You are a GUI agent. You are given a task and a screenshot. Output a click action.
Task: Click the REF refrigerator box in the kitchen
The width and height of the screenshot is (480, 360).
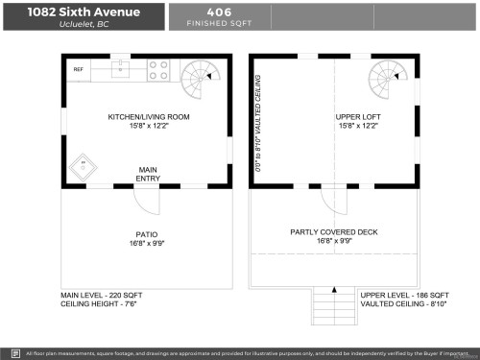tap(78, 70)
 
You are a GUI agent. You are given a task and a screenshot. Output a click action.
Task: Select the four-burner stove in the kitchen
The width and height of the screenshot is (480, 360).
tap(159, 70)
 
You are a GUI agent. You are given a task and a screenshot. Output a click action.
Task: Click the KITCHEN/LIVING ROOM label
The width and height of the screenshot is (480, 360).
tap(149, 118)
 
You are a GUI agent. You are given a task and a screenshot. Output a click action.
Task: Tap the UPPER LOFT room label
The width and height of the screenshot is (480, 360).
tap(356, 118)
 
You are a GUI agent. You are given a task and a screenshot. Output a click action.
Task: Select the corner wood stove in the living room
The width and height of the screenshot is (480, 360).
tap(84, 165)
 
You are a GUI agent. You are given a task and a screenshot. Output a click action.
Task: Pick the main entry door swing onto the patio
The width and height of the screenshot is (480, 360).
tap(146, 200)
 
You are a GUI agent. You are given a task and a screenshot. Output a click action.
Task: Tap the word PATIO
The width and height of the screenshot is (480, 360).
tap(146, 233)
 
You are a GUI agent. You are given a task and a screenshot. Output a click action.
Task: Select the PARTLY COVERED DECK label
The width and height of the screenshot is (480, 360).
tap(334, 233)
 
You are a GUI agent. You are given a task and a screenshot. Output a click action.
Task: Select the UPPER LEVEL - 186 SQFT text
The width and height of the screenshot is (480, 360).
tap(404, 296)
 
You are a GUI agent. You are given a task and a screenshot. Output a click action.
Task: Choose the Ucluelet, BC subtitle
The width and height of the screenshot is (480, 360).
tap(83, 25)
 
